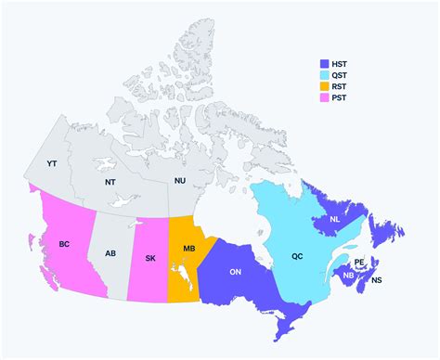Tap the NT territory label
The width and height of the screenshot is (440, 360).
coord(110,182)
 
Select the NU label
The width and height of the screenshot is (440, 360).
coord(181,181)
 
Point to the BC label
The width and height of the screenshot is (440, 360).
coord(64,244)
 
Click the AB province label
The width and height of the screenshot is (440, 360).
coord(110,253)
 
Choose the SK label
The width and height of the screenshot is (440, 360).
coord(149,258)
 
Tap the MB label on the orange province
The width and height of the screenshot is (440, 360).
coord(188,250)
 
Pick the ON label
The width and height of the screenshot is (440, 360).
coord(236,272)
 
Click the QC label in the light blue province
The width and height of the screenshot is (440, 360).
coord(297,255)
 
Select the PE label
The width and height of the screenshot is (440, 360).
coord(359,263)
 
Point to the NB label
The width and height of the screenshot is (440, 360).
coord(348,276)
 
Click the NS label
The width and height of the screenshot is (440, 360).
coord(376,279)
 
